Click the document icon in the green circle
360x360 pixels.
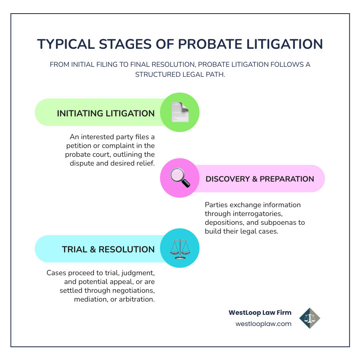coord(180,112)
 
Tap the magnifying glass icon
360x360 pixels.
coord(180,178)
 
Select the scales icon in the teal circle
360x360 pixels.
coord(180,249)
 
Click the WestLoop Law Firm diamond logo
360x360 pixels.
coord(310,318)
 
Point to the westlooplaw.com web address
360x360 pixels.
coord(264,324)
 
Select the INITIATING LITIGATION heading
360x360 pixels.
coord(106,114)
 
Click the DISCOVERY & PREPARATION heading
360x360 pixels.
coord(260,179)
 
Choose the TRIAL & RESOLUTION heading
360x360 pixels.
coord(108,250)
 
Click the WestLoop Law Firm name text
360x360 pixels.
coord(260,313)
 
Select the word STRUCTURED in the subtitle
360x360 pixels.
coord(158,75)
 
